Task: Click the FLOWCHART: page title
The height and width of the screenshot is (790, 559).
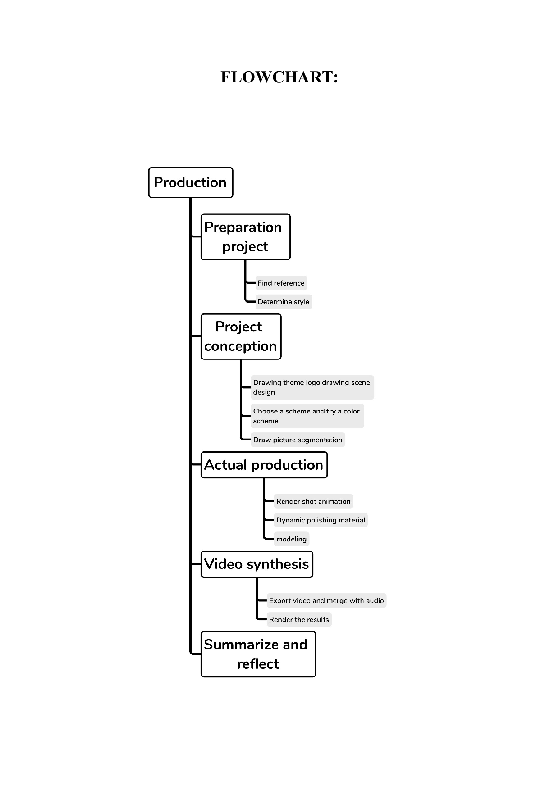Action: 279,77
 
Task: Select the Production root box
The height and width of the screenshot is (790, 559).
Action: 190,182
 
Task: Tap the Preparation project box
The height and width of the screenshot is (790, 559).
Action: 245,237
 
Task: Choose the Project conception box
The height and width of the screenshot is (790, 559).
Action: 241,336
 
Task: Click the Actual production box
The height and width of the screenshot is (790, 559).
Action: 264,465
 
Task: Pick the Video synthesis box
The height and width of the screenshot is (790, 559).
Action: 257,564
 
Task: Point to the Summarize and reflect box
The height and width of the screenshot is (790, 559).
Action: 258,654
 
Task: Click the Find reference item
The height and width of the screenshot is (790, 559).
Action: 281,283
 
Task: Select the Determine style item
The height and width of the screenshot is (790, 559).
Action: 283,302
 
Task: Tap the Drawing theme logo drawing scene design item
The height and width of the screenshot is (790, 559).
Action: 312,387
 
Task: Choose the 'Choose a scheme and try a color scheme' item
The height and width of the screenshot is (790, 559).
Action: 307,416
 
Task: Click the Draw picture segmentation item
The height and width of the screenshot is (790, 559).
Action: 298,440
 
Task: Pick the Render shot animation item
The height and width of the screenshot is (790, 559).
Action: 313,501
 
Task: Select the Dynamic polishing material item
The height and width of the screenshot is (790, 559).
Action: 321,520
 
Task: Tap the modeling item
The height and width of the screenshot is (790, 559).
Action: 291,539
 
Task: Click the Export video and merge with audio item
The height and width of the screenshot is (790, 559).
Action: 326,600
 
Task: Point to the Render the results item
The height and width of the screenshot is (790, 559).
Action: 299,619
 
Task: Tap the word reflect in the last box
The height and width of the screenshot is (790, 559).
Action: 258,664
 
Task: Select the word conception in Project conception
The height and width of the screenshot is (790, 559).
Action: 241,346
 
